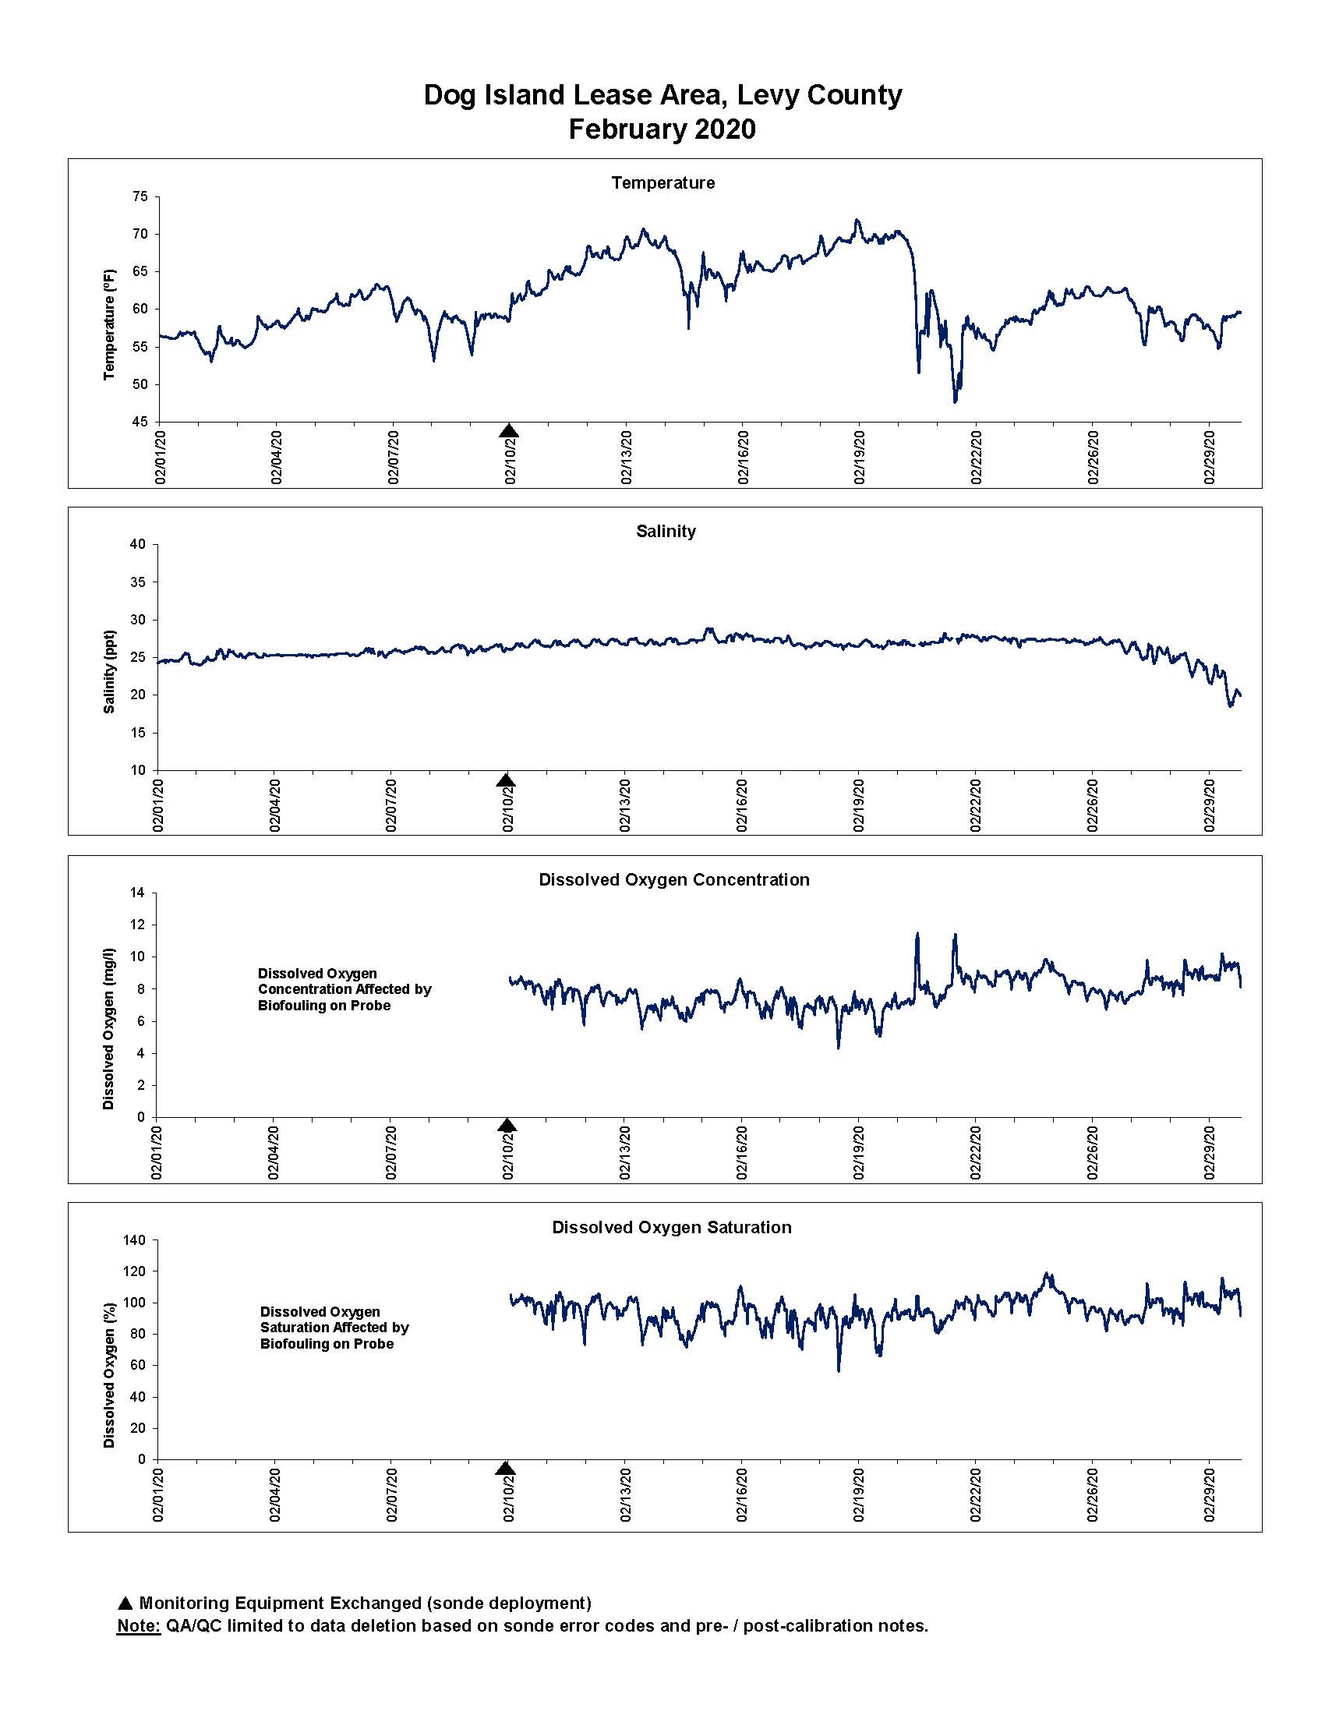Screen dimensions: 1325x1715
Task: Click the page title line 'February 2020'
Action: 662,129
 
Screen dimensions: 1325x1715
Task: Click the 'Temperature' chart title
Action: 663,183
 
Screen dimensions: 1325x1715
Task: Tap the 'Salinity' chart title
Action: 666,532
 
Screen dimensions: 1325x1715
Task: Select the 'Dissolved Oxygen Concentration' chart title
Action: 673,879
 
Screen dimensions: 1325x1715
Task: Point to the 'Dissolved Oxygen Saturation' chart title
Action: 672,1227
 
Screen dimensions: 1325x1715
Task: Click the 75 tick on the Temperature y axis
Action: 140,196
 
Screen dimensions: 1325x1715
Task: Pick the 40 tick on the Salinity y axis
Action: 138,544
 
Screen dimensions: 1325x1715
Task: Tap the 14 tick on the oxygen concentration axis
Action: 138,893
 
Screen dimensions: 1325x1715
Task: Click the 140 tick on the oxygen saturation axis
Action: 135,1241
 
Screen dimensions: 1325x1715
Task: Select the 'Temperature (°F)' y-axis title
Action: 109,324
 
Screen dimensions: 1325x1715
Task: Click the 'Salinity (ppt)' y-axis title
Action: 109,671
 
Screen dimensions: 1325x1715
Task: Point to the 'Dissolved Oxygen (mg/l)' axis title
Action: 108,1029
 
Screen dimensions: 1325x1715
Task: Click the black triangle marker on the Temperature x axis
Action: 509,430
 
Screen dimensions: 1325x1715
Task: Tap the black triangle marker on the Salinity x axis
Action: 507,780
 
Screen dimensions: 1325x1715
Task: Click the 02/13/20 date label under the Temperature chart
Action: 627,455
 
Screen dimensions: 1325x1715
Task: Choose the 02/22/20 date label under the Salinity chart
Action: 976,805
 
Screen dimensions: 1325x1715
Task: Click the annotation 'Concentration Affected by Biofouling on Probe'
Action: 344,997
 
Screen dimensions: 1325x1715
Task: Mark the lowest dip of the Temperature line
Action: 956,402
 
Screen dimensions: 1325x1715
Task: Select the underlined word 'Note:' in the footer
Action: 138,1626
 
